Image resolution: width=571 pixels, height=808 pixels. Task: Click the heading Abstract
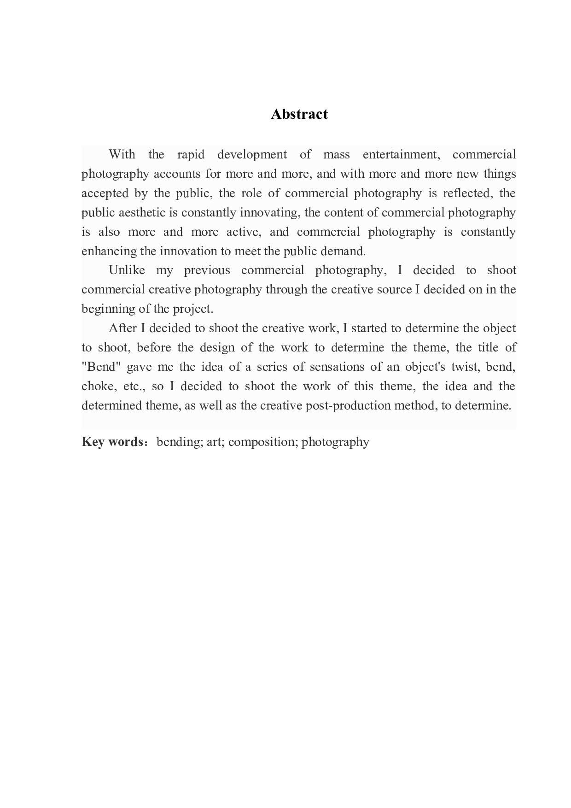[x=299, y=114]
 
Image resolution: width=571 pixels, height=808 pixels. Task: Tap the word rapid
[x=191, y=154]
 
